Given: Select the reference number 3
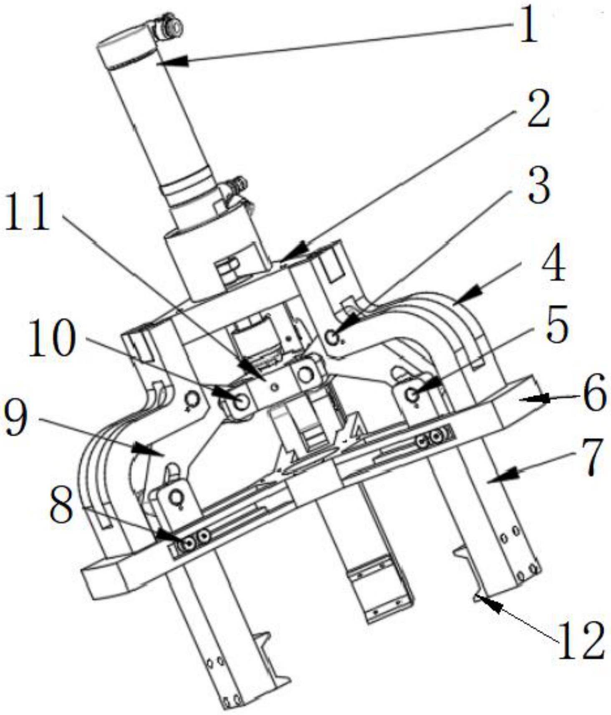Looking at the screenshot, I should click(x=538, y=189).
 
